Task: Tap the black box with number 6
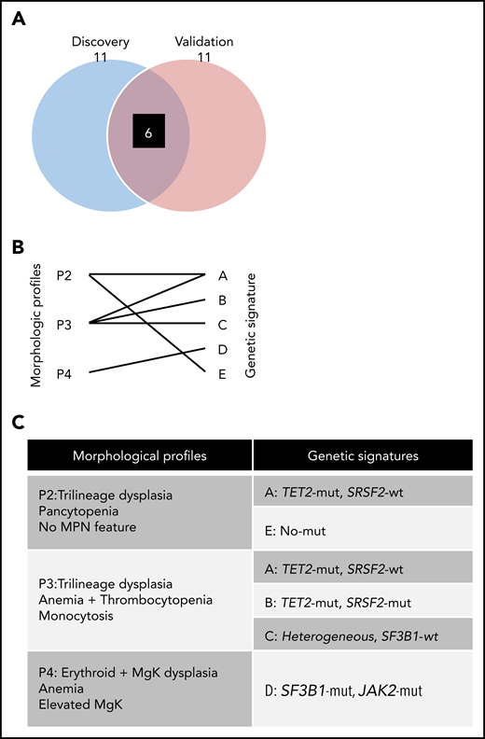tap(148, 133)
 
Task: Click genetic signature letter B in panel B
tap(221, 300)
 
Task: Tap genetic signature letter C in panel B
tap(221, 324)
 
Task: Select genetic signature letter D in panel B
tap(221, 348)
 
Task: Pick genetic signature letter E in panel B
tap(221, 372)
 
